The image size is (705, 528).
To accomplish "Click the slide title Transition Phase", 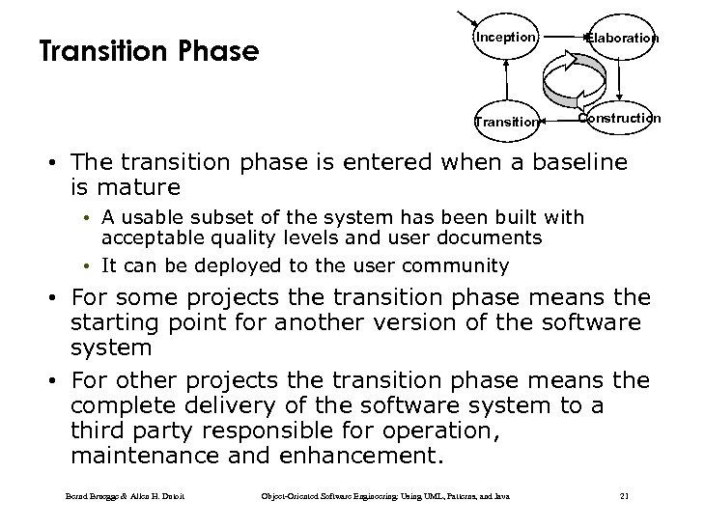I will [149, 51].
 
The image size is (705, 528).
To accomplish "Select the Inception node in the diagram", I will [504, 38].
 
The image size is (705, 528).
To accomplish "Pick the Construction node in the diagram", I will [619, 118].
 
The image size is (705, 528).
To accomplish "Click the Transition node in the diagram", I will [506, 122].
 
